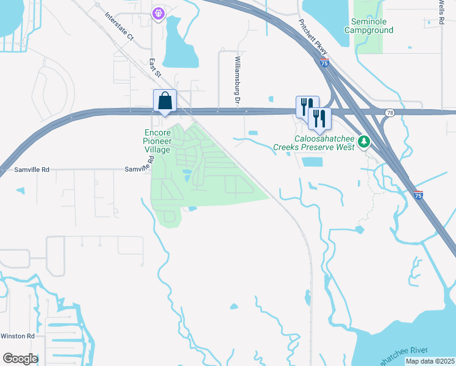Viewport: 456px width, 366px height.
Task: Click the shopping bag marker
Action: [x=165, y=101]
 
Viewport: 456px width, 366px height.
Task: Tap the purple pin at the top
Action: [x=159, y=12]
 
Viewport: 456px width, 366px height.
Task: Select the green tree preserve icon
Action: [x=364, y=142]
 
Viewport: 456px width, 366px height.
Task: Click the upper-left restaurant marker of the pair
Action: [x=305, y=106]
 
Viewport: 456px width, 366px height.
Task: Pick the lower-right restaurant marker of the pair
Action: [x=319, y=118]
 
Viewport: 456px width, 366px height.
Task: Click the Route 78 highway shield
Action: [x=389, y=113]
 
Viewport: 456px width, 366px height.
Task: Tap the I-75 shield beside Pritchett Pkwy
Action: [x=324, y=63]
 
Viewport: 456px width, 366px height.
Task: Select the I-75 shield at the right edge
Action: [x=418, y=195]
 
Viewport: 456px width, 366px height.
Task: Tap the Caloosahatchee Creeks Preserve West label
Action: [x=315, y=143]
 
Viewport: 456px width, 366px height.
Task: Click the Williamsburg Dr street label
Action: [x=238, y=79]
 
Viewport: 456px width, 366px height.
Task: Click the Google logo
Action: [x=20, y=359]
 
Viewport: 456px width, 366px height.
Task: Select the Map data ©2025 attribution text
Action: [x=429, y=361]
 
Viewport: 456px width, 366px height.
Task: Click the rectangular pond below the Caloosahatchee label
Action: [x=312, y=162]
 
